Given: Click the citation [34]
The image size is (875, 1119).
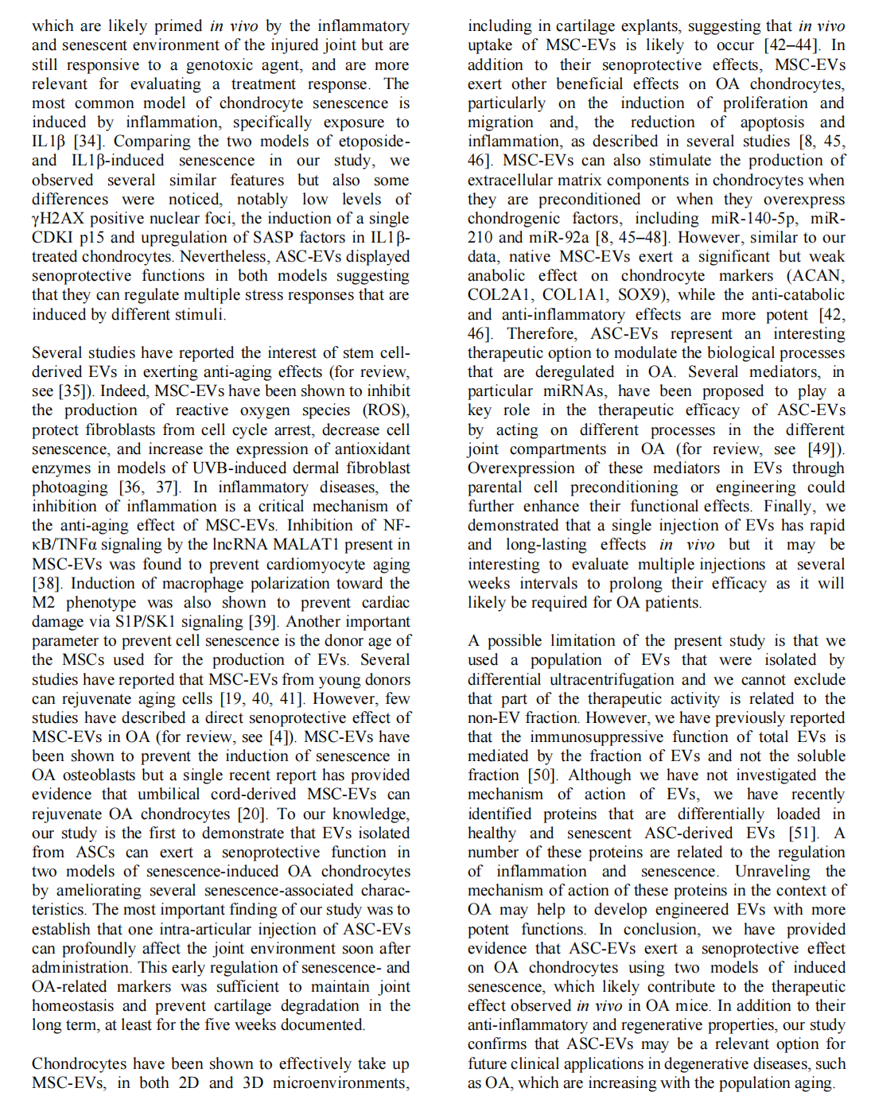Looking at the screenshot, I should [88, 142].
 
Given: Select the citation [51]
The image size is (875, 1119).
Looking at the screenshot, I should [802, 833].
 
